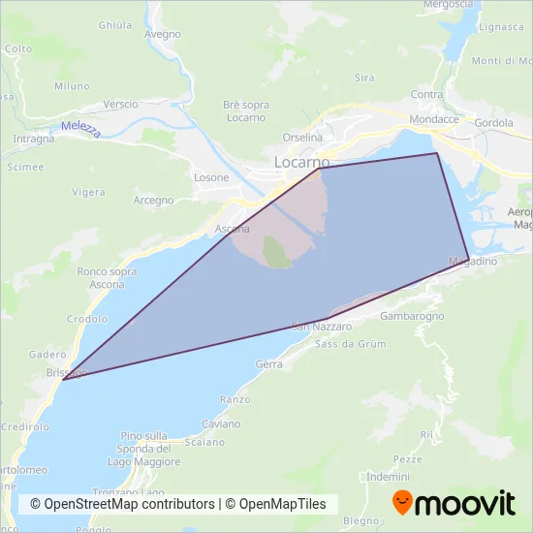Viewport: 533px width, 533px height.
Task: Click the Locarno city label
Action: coord(302,162)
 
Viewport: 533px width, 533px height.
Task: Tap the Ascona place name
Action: coord(233,230)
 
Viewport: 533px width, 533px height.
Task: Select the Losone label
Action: coord(211,177)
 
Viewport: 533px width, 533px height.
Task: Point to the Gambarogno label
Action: coord(412,317)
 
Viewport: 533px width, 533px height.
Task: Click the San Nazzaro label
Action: coord(314,328)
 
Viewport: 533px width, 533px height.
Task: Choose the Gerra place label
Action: coord(268,364)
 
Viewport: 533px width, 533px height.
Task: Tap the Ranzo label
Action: coord(235,399)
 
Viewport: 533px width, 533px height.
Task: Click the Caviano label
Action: coord(221,424)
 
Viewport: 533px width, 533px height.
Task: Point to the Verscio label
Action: coord(121,104)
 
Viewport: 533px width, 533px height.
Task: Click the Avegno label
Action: coord(162,34)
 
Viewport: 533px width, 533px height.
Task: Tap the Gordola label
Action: coord(494,123)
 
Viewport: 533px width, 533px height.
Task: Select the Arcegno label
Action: coord(153,201)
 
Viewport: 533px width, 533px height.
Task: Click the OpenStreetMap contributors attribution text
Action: coord(123,504)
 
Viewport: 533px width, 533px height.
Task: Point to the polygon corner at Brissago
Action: coord(63,379)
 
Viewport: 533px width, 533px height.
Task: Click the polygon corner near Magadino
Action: coord(469,259)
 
